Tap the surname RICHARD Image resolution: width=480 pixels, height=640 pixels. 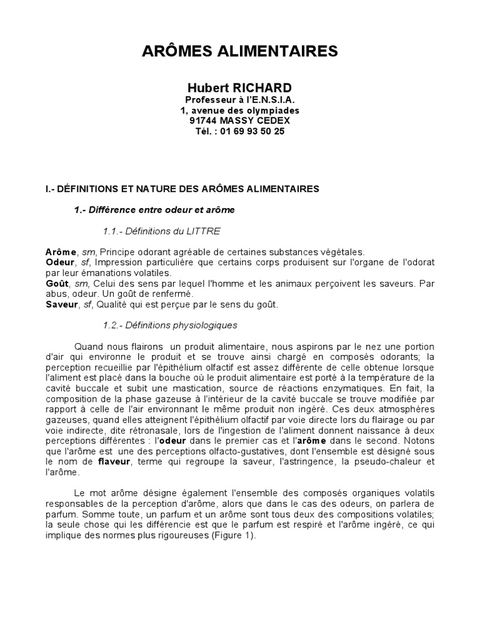click(266, 87)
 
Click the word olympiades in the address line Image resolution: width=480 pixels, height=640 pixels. click(264, 111)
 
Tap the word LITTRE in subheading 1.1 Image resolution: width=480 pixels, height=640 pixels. click(204, 231)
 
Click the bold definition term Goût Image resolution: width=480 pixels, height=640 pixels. click(57, 283)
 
